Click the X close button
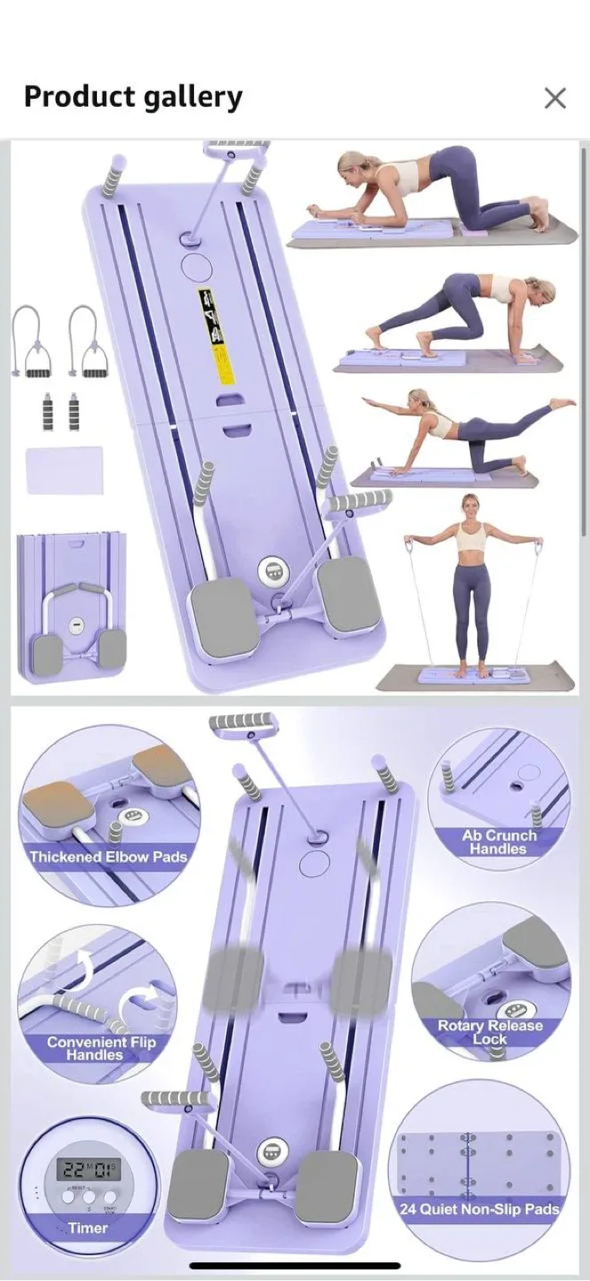(x=555, y=98)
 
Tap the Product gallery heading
(x=133, y=97)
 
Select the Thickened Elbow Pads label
(x=109, y=858)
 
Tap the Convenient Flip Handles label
(x=101, y=1048)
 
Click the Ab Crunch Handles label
(x=499, y=842)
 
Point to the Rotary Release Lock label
(x=490, y=1032)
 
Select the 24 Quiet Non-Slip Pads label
(x=480, y=1209)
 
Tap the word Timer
(x=87, y=1229)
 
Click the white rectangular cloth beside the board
(x=64, y=470)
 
